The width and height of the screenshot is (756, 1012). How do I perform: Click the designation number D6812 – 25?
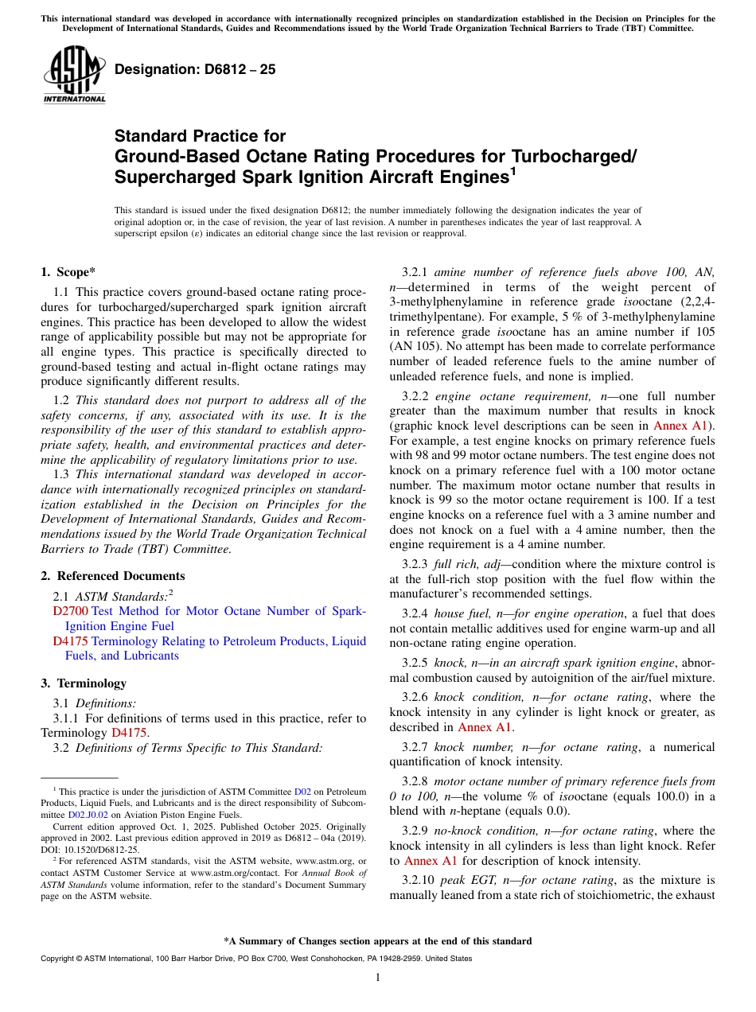pos(195,69)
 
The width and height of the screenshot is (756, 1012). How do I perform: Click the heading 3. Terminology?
pos(84,683)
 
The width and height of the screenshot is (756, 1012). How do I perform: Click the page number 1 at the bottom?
pos(378,977)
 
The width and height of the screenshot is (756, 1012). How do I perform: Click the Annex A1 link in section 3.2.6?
pos(484,727)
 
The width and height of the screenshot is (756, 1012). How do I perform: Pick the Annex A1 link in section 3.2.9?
pos(431,861)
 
